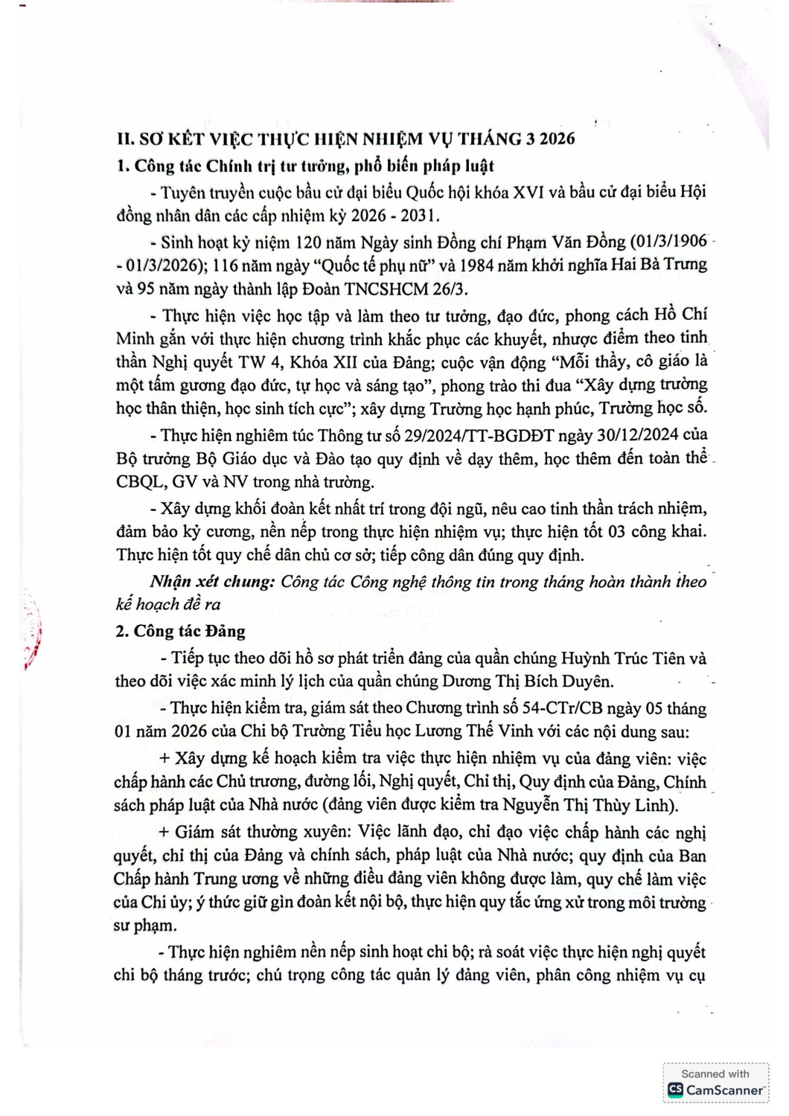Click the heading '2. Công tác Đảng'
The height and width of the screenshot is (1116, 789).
pyautogui.click(x=180, y=631)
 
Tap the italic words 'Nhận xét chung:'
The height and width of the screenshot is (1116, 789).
pyautogui.click(x=212, y=581)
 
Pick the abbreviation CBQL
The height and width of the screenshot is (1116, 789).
pyautogui.click(x=141, y=482)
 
